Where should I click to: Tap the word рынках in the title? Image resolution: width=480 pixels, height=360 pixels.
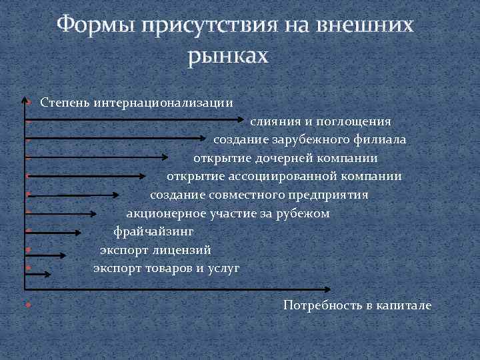point(227,57)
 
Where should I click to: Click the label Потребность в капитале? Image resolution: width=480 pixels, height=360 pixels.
point(357,305)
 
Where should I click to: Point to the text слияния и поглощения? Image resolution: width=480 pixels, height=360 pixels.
point(321,122)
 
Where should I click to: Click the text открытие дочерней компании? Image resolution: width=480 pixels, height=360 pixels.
point(285,159)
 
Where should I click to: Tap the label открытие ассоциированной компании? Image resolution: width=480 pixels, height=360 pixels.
point(283,177)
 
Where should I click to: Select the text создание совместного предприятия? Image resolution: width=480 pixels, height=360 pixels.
point(259,195)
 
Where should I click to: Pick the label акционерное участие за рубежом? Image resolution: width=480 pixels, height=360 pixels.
point(228,214)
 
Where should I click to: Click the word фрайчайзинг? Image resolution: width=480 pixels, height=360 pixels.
point(153,232)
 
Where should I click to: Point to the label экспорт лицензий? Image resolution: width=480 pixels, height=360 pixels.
point(155,251)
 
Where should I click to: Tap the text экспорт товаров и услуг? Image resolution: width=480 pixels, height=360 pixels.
point(166,269)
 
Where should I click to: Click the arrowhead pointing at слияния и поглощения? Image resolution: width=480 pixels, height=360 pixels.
point(242,121)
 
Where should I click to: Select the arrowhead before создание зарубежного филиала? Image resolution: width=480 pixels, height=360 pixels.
point(203,139)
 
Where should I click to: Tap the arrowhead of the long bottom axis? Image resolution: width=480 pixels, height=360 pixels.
point(327,290)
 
